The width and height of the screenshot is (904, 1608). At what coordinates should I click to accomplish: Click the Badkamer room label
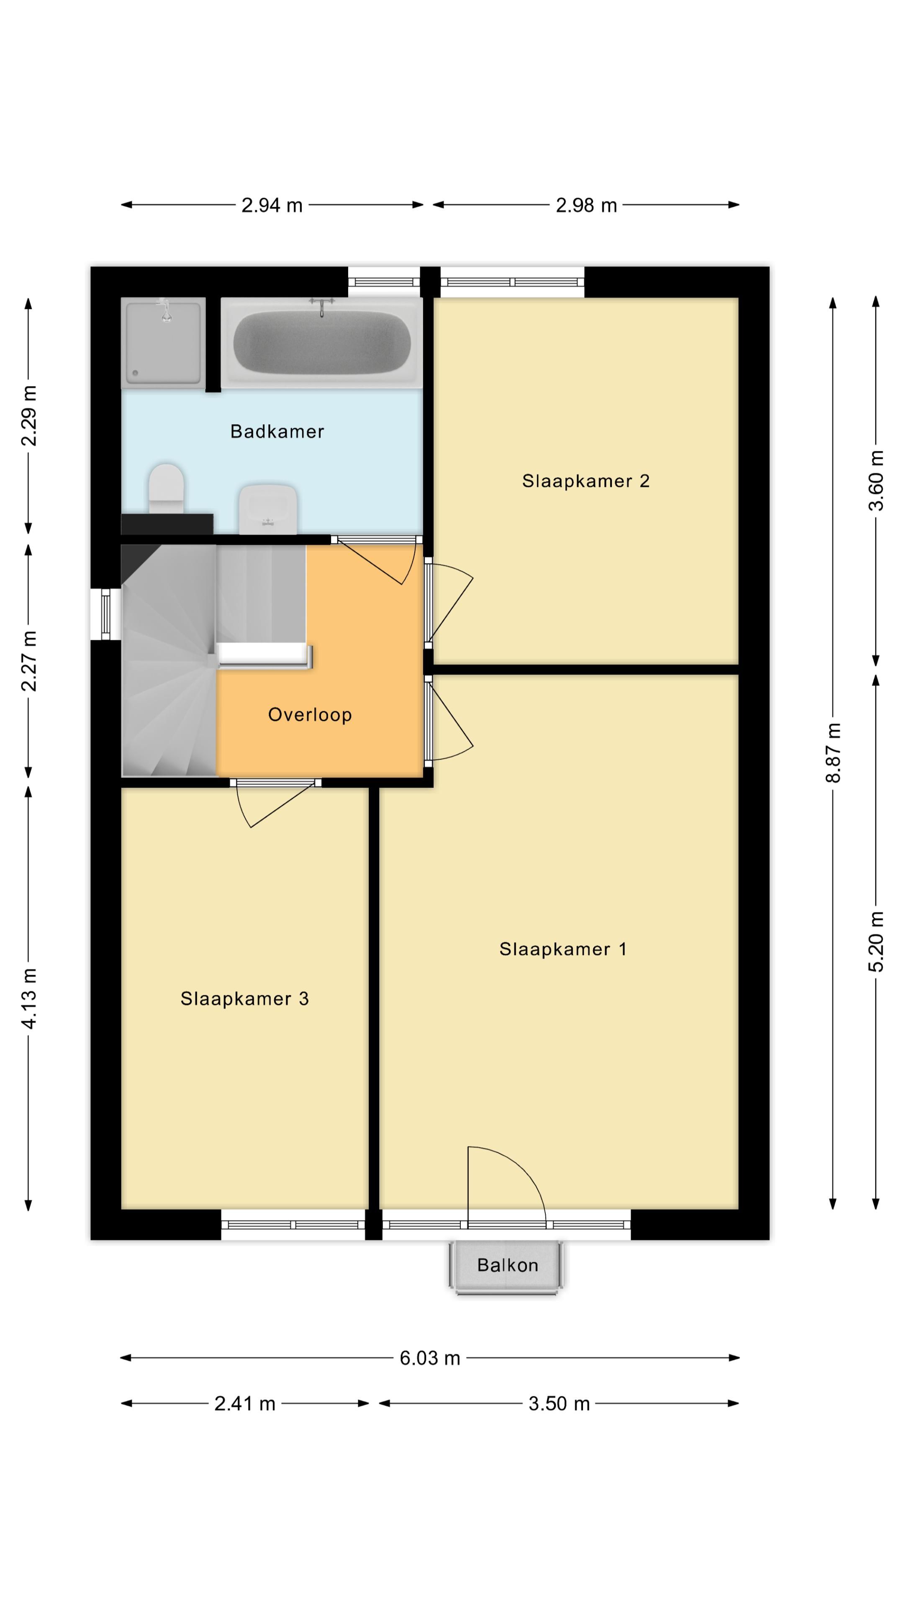tap(277, 431)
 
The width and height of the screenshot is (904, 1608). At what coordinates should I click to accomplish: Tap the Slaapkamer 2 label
tap(585, 481)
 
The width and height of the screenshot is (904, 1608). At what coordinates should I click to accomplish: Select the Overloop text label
tap(309, 715)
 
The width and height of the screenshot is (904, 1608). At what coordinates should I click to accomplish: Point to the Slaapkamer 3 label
tap(244, 999)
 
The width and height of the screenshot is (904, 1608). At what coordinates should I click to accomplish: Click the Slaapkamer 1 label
tap(562, 949)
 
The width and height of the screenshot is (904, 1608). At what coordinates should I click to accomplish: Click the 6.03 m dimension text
tap(429, 1358)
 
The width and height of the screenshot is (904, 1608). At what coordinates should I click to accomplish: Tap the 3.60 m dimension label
tap(876, 481)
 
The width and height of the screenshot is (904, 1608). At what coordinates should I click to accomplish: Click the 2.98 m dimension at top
tap(586, 205)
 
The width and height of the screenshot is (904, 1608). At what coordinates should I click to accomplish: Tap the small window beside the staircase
tap(105, 614)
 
